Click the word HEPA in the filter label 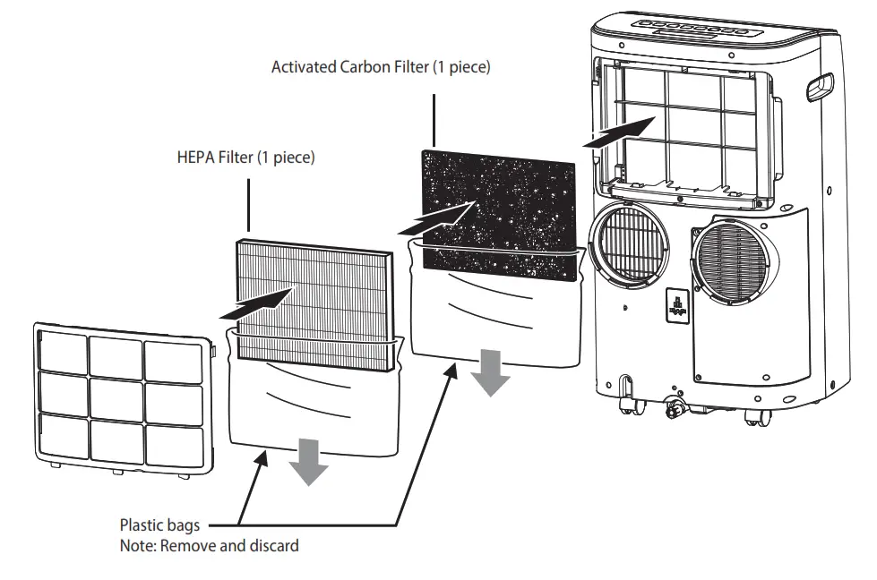[x=196, y=158]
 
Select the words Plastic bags [x=159, y=525]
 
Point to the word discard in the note [x=274, y=544]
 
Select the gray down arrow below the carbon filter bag [x=490, y=372]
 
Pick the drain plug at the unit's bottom [x=674, y=409]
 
